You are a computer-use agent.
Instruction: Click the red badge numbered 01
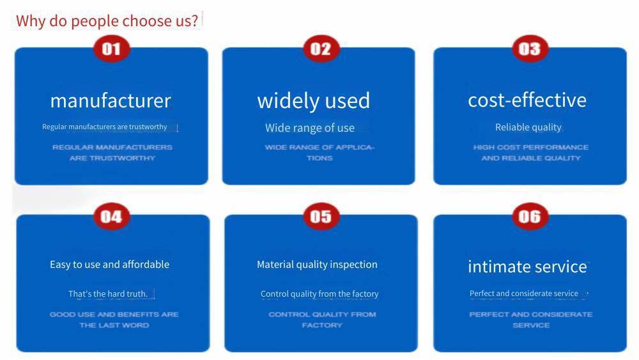(x=112, y=49)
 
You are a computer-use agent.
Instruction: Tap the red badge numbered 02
(x=321, y=49)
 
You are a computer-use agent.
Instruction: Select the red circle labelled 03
(x=530, y=49)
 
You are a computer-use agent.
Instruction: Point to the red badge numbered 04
(x=112, y=217)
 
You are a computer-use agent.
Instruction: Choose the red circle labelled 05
(x=321, y=217)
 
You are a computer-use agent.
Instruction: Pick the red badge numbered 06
(x=530, y=217)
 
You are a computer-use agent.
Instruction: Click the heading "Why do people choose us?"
(x=107, y=21)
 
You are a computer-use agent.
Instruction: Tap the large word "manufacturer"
(x=111, y=100)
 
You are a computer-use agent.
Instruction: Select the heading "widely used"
(x=313, y=100)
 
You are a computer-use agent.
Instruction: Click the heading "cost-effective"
(x=527, y=100)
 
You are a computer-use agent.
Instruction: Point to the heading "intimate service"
(x=527, y=267)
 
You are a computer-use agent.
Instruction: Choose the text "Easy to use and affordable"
(x=110, y=265)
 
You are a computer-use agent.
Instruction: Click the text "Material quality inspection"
(x=317, y=265)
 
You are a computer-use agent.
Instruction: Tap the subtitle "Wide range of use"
(x=310, y=128)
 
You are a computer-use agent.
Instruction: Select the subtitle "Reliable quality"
(x=528, y=127)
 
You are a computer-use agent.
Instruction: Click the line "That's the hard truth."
(x=108, y=293)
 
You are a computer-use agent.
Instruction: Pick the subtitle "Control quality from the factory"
(x=319, y=293)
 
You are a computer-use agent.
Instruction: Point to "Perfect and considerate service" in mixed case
(x=524, y=293)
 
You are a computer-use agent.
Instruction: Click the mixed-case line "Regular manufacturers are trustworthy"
(x=104, y=127)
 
